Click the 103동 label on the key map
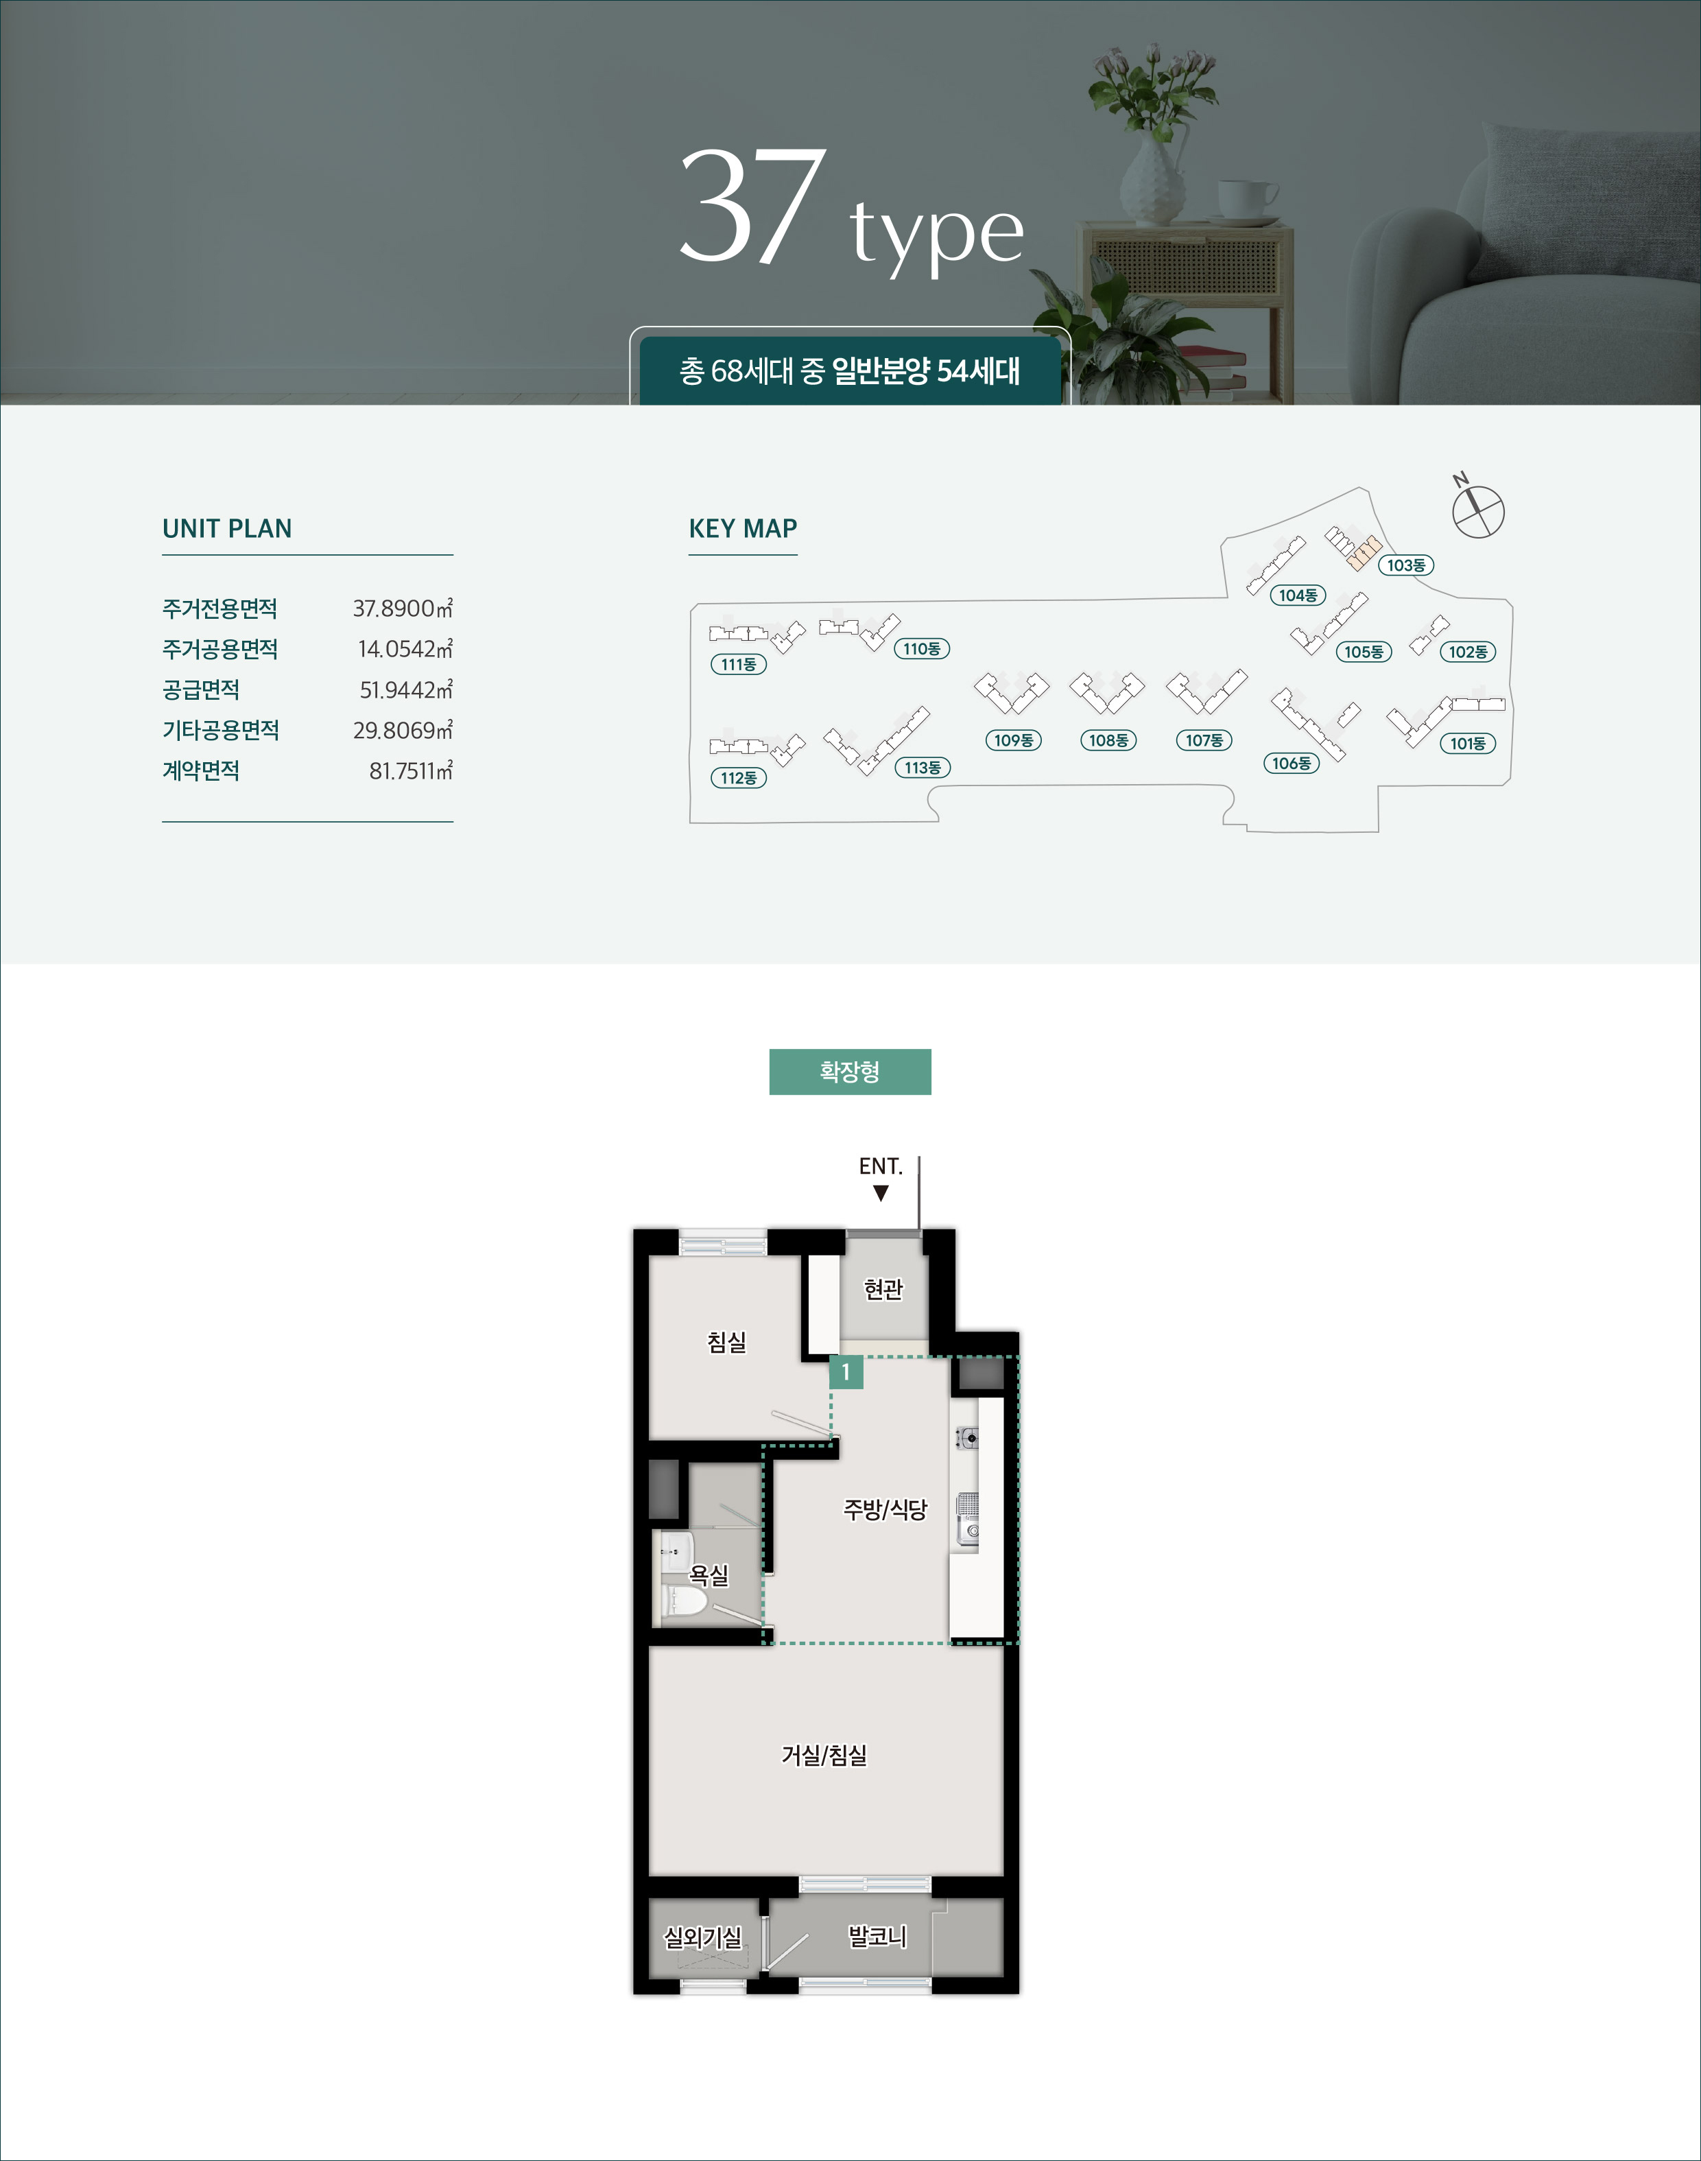(1405, 565)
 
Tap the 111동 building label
(738, 664)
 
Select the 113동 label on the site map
(923, 768)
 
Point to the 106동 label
(1292, 764)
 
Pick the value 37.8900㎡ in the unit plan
(403, 609)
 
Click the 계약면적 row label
(201, 771)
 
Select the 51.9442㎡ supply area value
(405, 689)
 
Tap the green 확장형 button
(850, 1072)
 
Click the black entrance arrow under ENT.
(881, 1193)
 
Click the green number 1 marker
(846, 1372)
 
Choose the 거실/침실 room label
(824, 1755)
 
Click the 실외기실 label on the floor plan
(703, 1937)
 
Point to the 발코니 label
(877, 1936)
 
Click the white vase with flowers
(1152, 179)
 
